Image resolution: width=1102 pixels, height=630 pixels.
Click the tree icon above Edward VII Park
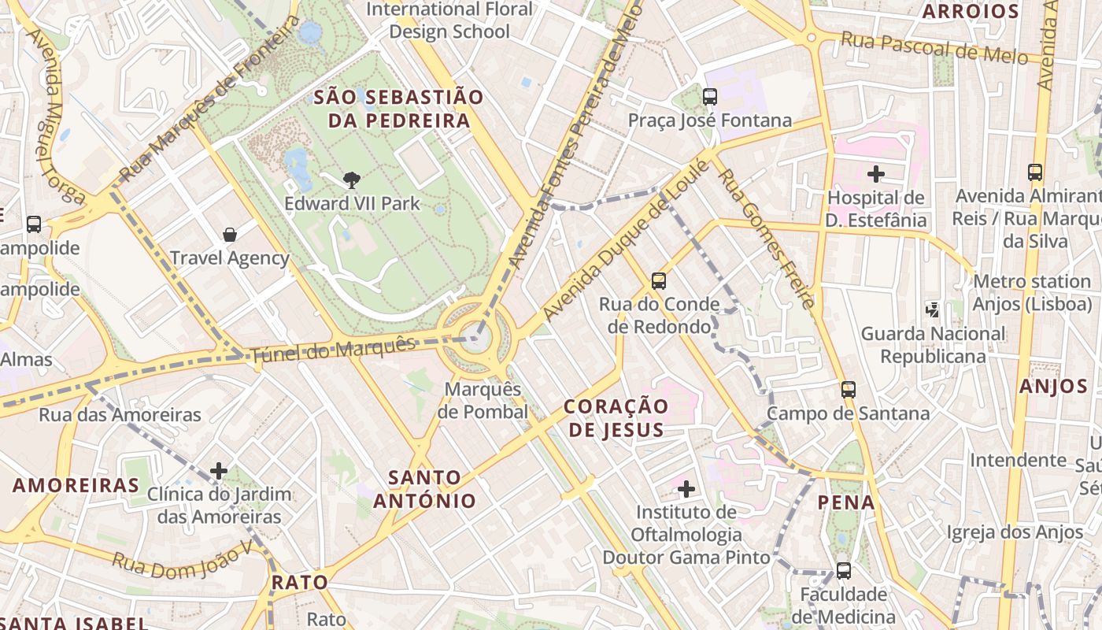[x=351, y=180]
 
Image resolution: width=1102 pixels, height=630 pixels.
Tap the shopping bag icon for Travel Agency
[x=230, y=235]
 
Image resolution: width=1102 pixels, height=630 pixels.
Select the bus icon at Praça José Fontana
[x=710, y=97]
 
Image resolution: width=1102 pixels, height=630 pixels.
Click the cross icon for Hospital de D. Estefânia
[x=875, y=174]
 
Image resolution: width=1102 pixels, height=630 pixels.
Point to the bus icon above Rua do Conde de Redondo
[x=659, y=280]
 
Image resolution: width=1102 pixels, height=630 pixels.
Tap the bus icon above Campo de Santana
[x=848, y=389]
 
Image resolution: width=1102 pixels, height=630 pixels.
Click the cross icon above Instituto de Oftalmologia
[x=686, y=489]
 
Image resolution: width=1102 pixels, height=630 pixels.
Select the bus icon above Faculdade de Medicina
[x=843, y=570]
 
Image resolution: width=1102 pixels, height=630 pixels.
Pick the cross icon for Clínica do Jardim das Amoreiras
[x=219, y=471]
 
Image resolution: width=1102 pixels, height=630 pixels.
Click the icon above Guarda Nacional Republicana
[x=933, y=310]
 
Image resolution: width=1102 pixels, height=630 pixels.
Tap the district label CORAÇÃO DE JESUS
[x=616, y=418]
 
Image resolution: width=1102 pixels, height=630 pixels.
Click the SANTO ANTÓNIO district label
[x=424, y=489]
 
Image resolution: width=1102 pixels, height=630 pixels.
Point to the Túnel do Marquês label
[x=333, y=350]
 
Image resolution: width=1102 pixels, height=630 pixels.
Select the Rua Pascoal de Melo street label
[x=934, y=47]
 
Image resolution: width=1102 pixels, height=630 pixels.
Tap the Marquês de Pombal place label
[x=483, y=401]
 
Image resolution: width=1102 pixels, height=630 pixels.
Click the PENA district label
[x=846, y=502]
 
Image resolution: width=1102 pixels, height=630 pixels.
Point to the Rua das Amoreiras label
[x=120, y=414]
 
